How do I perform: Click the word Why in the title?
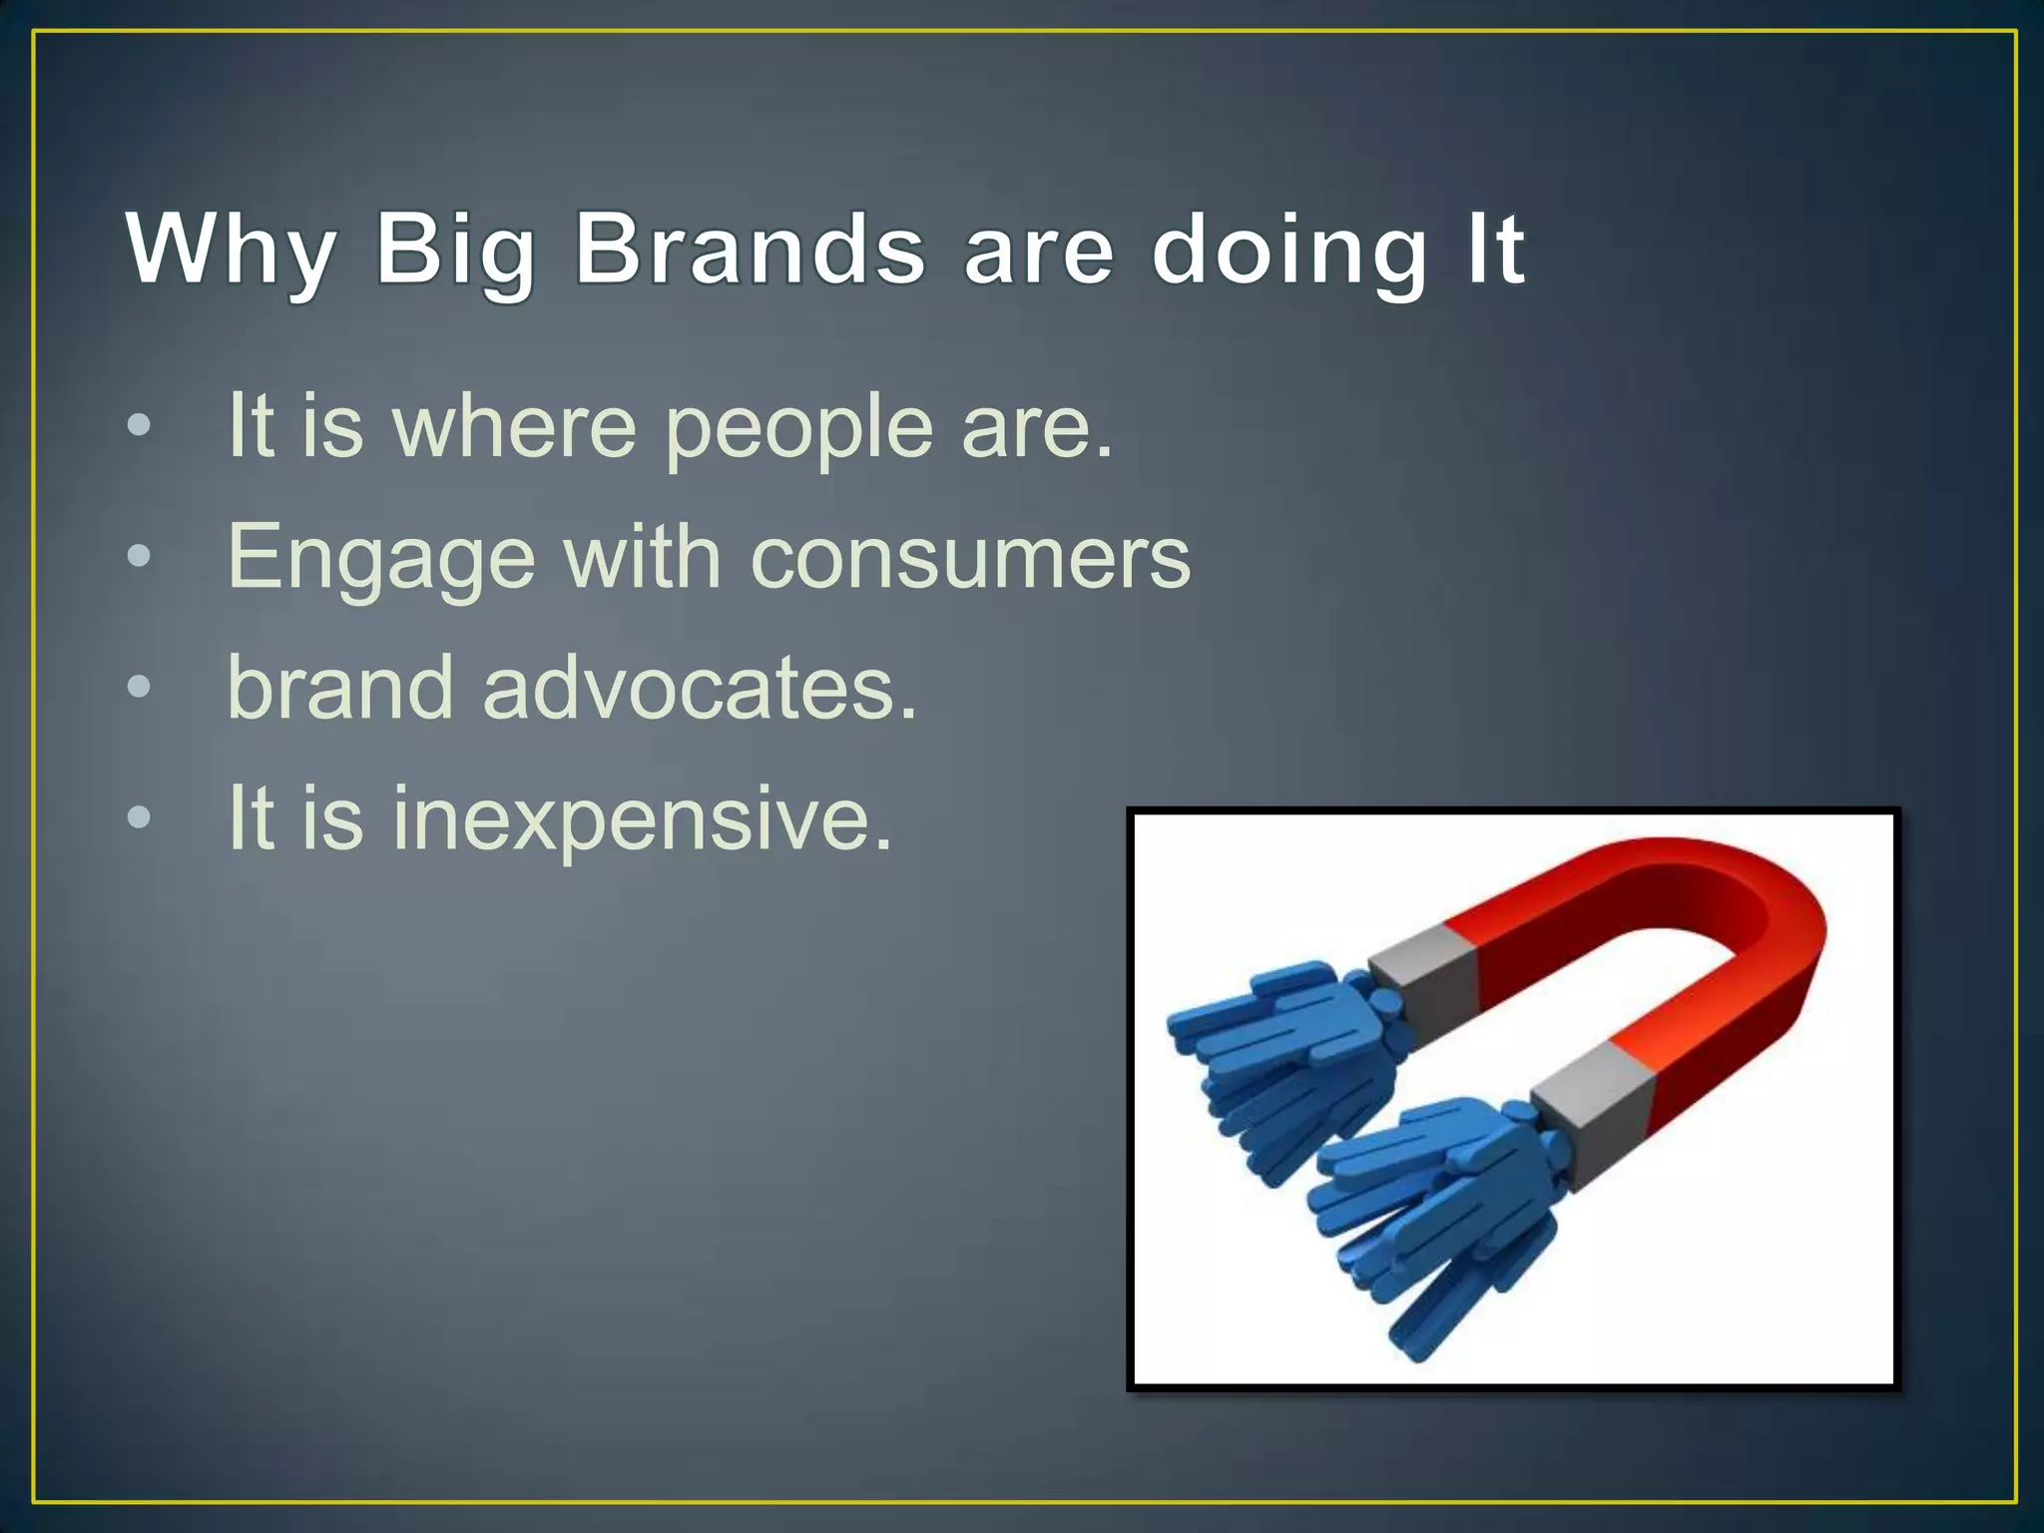(230, 250)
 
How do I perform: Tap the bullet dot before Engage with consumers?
(140, 556)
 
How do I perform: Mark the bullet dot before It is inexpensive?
(140, 817)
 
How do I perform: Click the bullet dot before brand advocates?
(140, 687)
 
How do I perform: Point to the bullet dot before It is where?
(140, 425)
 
